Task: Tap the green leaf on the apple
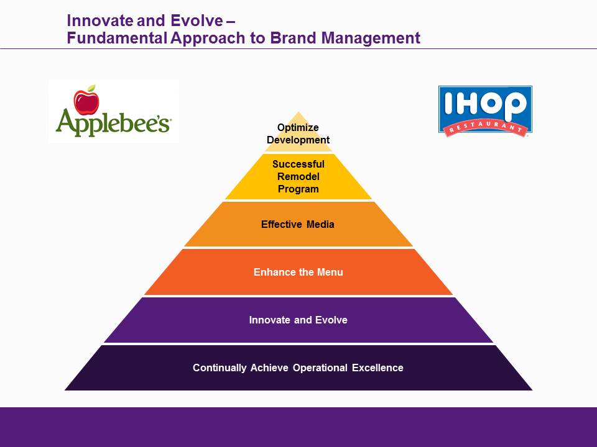(x=91, y=88)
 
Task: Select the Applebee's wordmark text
(x=113, y=122)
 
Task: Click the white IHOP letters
(x=485, y=104)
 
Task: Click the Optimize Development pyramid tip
(x=298, y=133)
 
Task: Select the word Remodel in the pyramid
(x=298, y=176)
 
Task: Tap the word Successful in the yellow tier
(x=298, y=164)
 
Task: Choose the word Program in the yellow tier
(x=298, y=189)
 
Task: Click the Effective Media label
(x=298, y=224)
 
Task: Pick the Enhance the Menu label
(x=298, y=272)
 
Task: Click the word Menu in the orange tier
(x=330, y=272)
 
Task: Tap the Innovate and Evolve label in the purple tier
(x=298, y=320)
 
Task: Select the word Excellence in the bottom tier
(x=377, y=368)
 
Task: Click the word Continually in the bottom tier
(x=220, y=368)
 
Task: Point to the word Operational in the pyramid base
(x=320, y=368)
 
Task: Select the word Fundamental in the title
(x=117, y=38)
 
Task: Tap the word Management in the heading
(x=371, y=38)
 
